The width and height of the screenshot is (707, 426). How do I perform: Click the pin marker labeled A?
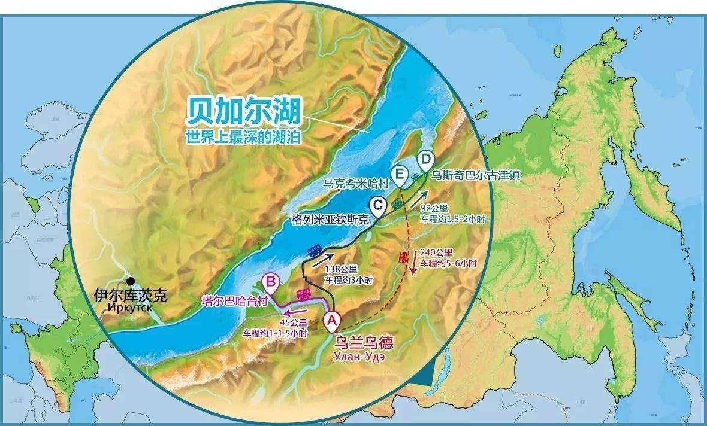[x=332, y=321]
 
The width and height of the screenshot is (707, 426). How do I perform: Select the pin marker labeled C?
[x=378, y=207]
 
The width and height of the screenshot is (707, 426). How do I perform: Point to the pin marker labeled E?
[x=400, y=174]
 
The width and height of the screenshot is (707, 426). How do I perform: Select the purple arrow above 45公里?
[x=295, y=312]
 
